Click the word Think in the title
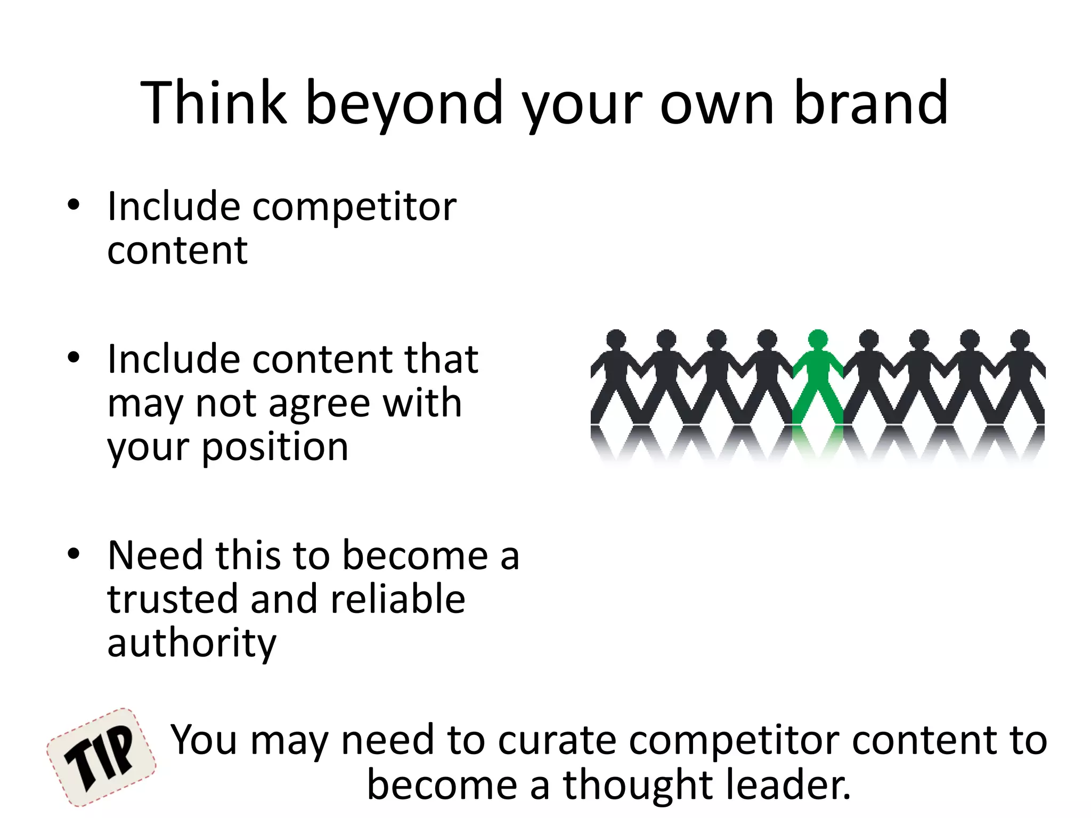click(x=214, y=102)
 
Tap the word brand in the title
click(x=870, y=102)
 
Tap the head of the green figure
click(x=818, y=339)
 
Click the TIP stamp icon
click(x=101, y=757)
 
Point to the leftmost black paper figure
click(x=616, y=378)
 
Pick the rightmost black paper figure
click(x=1020, y=378)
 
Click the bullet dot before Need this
click(x=74, y=554)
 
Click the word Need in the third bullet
click(x=155, y=555)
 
